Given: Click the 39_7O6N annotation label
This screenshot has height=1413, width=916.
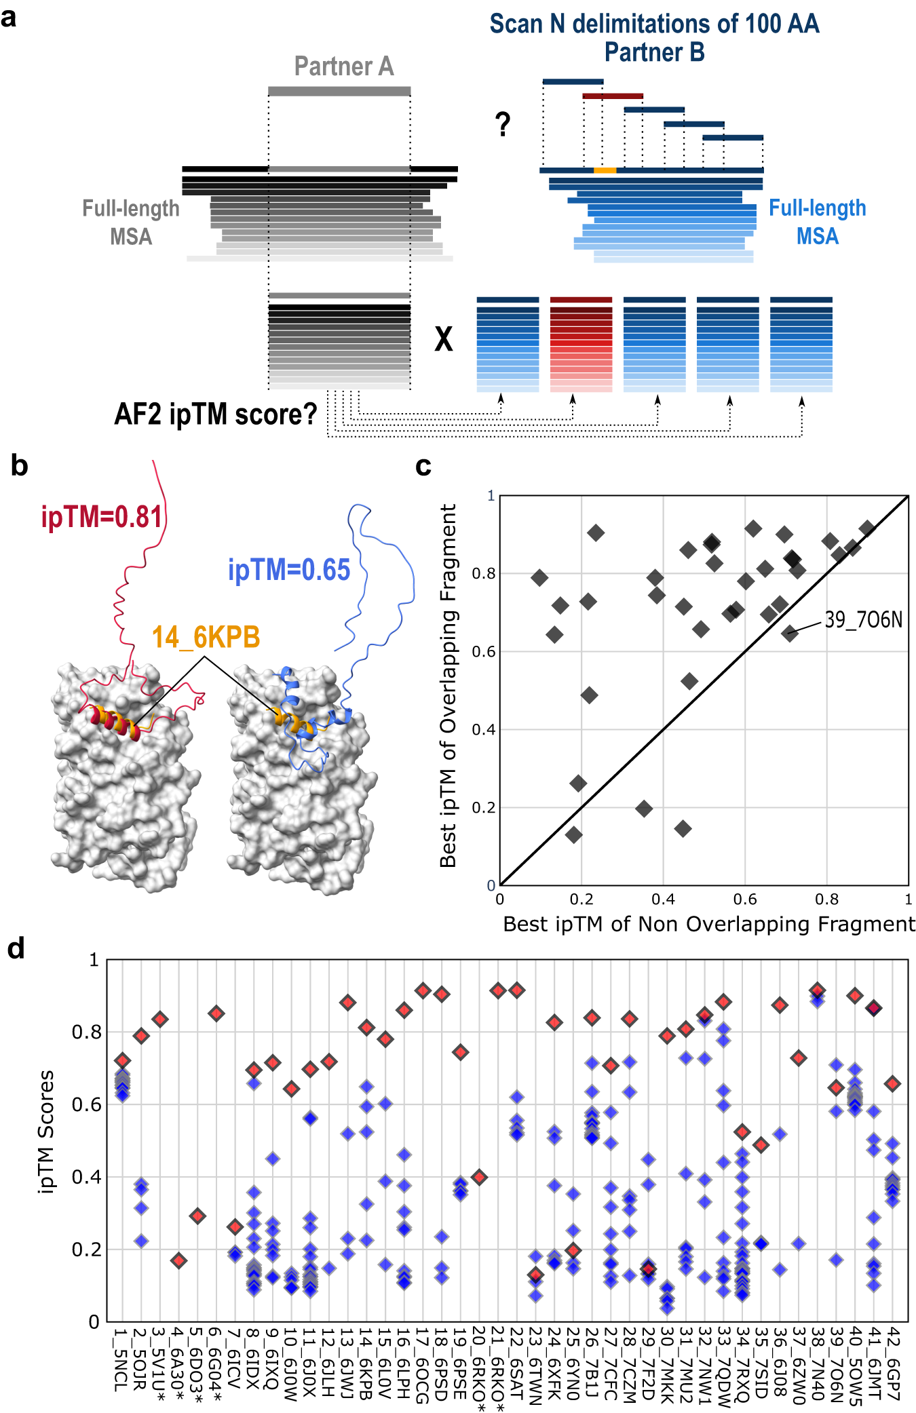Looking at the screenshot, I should [863, 619].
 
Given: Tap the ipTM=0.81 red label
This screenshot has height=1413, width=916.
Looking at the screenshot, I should [102, 517].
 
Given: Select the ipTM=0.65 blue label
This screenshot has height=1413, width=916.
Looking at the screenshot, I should [290, 570].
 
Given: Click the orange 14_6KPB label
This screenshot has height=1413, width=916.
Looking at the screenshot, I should [206, 637].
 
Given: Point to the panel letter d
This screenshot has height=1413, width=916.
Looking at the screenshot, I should [16, 948].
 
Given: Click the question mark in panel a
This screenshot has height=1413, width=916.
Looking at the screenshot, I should [502, 125].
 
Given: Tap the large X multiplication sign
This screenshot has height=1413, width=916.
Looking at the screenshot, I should [443, 338].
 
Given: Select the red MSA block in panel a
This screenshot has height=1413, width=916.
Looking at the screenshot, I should [581, 345].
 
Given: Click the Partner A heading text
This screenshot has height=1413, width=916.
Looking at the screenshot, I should [343, 66].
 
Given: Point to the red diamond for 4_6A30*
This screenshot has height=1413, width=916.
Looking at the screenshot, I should [178, 1260].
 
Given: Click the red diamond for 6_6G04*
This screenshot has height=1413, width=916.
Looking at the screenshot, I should [216, 1013].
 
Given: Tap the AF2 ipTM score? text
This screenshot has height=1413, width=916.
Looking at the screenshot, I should [216, 414].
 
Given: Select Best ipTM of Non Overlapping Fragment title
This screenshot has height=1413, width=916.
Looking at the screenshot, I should [708, 924].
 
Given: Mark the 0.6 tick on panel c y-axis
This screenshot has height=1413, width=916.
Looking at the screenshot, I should [483, 651].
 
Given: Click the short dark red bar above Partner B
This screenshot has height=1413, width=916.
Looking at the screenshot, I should [612, 96].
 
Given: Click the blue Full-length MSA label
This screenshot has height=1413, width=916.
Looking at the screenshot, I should [817, 222].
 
